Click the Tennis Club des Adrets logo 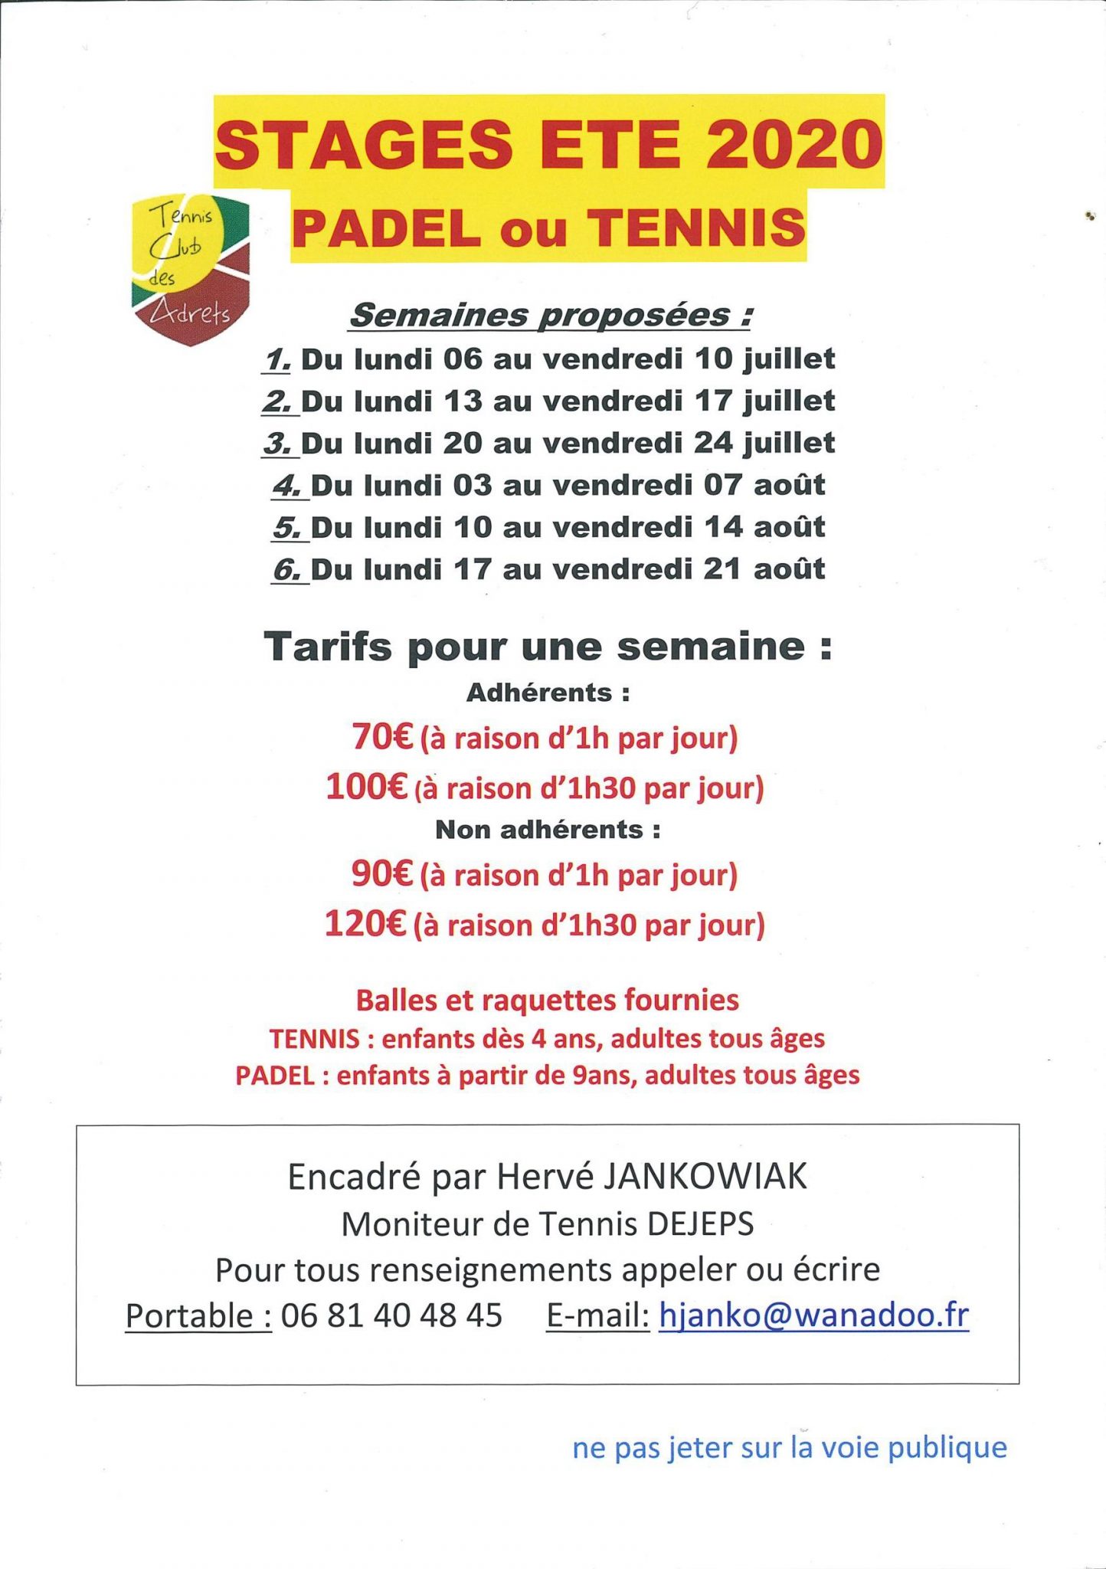tap(191, 269)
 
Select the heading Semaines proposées tap(549, 315)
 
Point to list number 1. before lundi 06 tap(276, 359)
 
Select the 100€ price tap(366, 787)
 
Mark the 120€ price tap(365, 924)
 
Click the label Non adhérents tap(548, 830)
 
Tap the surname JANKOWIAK tap(705, 1177)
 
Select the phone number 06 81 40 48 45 tap(391, 1315)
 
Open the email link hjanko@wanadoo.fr tap(813, 1315)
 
